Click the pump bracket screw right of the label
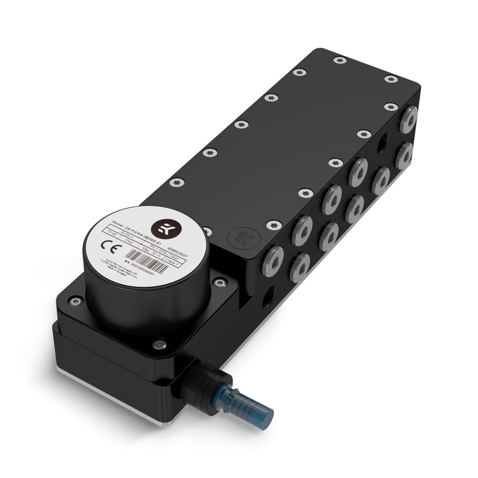(217, 282)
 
